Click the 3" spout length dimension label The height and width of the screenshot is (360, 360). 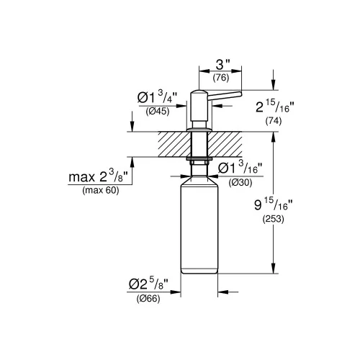(223, 65)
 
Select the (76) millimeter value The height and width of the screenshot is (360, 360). (221, 78)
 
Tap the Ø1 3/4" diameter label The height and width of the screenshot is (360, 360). (157, 96)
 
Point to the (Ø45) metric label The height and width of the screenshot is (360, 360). (158, 112)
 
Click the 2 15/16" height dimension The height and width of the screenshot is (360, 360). (275, 107)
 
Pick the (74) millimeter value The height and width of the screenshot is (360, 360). (274, 121)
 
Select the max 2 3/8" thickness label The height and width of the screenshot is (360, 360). (97, 176)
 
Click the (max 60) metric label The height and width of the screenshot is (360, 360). (101, 190)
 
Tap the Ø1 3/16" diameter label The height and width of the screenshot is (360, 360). (240, 167)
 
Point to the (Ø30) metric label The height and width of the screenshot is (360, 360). (240, 183)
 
